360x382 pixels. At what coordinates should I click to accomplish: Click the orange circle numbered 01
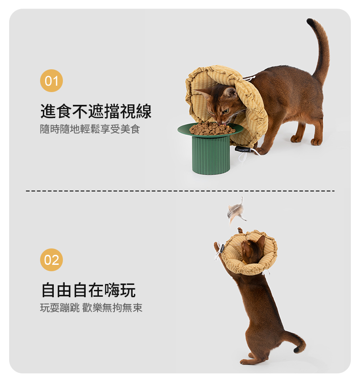click(51, 81)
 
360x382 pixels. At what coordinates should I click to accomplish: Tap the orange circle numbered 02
click(51, 260)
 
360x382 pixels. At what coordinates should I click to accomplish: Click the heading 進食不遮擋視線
click(96, 111)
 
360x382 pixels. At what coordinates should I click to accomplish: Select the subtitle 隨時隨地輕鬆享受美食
click(90, 129)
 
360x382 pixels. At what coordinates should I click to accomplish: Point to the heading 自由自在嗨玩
click(89, 290)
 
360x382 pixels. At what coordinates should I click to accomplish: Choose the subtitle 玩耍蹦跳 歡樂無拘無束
click(91, 308)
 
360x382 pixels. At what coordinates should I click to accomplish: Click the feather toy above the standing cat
click(236, 211)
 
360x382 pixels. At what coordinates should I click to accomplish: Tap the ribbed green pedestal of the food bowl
click(211, 155)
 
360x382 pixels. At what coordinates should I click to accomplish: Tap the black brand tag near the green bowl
click(242, 150)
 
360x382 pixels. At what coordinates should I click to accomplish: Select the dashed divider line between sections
click(180, 191)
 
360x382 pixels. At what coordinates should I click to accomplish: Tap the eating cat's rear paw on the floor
click(317, 141)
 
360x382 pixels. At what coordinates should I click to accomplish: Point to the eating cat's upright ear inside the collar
click(230, 93)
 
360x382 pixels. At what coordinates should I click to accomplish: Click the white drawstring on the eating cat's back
click(249, 78)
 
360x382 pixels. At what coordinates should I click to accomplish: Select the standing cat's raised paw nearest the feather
click(240, 230)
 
